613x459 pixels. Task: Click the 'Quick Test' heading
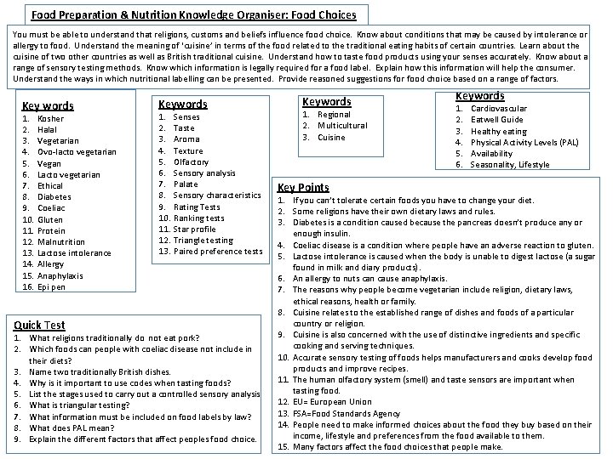(x=39, y=325)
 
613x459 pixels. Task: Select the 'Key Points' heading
(x=303, y=187)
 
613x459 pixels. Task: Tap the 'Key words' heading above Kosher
(x=48, y=106)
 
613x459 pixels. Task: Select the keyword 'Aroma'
(x=186, y=139)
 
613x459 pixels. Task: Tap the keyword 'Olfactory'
(x=190, y=161)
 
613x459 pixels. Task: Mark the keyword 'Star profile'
(x=194, y=229)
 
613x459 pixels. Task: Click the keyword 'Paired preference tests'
(x=217, y=251)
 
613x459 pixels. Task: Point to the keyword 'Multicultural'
(x=341, y=126)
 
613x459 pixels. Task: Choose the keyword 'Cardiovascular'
(x=498, y=109)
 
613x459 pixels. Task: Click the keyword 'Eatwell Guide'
(x=497, y=120)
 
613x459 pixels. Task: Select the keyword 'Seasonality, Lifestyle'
(x=509, y=164)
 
